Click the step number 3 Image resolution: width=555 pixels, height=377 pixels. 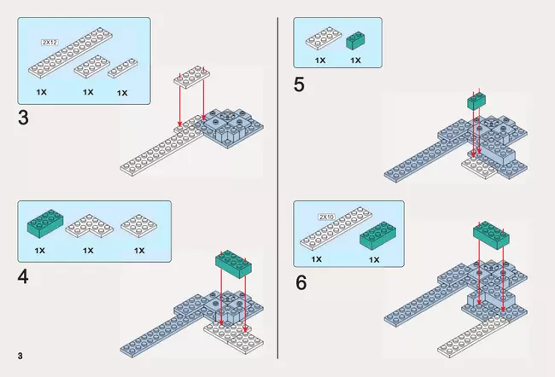tap(23, 118)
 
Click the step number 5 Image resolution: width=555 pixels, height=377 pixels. tap(300, 84)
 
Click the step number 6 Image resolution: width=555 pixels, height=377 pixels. tap(301, 281)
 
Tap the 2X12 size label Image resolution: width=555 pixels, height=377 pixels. tap(50, 41)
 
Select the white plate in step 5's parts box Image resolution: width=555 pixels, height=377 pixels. tap(320, 38)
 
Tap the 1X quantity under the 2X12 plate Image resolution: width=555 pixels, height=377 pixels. tap(41, 91)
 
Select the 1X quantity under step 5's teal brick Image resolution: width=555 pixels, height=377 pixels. tap(355, 61)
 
